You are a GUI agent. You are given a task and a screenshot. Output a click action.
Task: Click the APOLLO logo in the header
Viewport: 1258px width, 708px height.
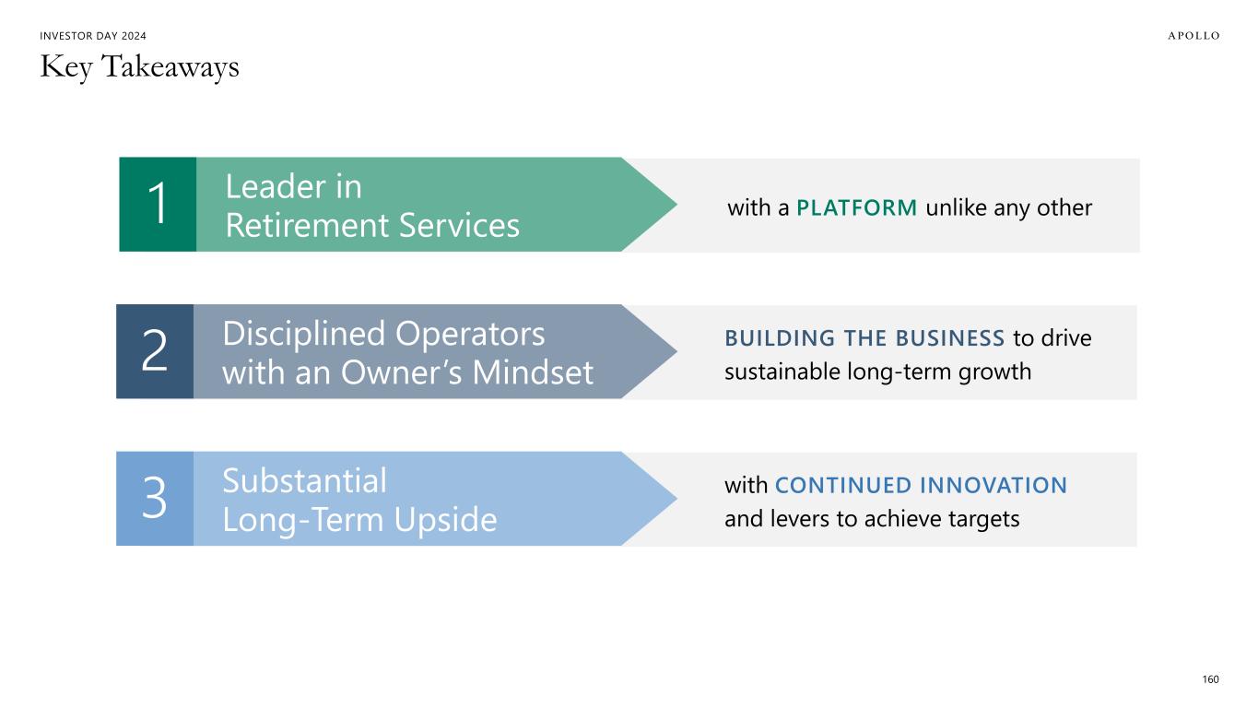coord(1193,36)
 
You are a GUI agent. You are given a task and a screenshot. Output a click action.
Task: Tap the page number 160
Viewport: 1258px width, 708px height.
coord(1210,679)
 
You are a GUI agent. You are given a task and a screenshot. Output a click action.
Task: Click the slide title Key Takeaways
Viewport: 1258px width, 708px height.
coord(140,67)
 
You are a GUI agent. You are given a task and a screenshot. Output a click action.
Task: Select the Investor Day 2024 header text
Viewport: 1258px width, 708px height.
coord(93,36)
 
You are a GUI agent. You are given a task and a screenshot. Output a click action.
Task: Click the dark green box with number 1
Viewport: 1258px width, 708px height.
coord(158,205)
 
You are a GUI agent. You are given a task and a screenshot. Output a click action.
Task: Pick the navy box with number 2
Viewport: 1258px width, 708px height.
coord(155,351)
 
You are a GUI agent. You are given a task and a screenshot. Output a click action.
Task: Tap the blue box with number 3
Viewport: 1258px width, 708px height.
coord(155,499)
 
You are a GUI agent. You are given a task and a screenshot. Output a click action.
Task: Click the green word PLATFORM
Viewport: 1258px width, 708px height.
coord(856,208)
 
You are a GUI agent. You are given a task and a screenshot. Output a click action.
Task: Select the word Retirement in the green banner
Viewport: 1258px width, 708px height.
coord(307,225)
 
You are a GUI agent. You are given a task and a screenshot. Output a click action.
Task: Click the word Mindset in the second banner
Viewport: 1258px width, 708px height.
coord(533,372)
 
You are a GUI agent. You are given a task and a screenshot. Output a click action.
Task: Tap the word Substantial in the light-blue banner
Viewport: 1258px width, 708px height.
coord(304,481)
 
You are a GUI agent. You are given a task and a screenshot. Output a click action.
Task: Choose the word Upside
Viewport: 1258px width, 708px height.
coord(445,521)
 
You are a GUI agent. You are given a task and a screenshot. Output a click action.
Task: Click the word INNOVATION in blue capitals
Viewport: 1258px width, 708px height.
coord(993,486)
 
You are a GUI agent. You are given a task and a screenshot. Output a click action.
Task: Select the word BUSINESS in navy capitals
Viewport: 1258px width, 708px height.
coord(949,338)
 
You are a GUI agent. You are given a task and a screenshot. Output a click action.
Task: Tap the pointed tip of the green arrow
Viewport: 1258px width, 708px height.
coord(676,205)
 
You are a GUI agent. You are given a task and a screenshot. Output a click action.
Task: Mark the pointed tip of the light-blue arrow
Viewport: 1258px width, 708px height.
coord(676,499)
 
